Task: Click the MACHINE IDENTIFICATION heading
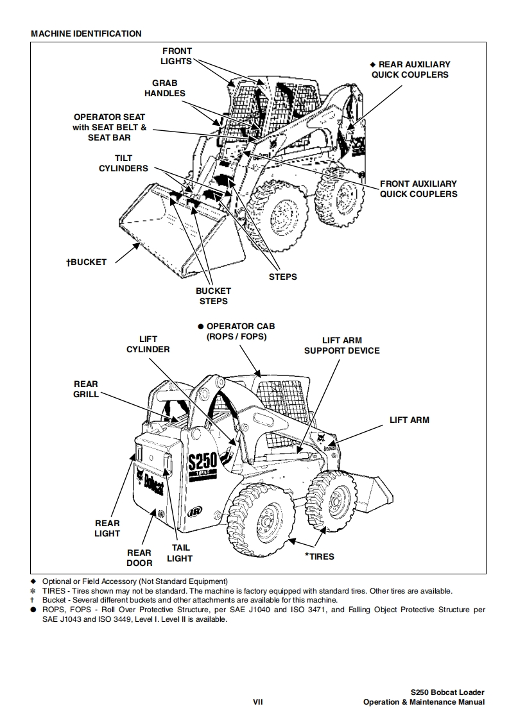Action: click(86, 33)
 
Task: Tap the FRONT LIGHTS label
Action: click(177, 56)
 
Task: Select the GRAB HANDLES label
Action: click(164, 88)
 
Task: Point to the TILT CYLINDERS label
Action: click(123, 163)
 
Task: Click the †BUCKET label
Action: click(87, 262)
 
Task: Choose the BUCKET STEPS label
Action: click(213, 296)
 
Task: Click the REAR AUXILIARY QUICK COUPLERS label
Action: click(411, 69)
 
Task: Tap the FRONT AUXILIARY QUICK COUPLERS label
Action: click(418, 189)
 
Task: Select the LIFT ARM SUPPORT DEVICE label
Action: click(341, 345)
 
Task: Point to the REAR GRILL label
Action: click(86, 389)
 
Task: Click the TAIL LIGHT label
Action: click(180, 553)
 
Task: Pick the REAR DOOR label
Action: click(139, 557)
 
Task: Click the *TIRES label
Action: click(319, 556)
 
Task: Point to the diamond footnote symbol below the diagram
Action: click(33, 581)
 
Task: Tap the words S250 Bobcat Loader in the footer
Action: click(447, 692)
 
